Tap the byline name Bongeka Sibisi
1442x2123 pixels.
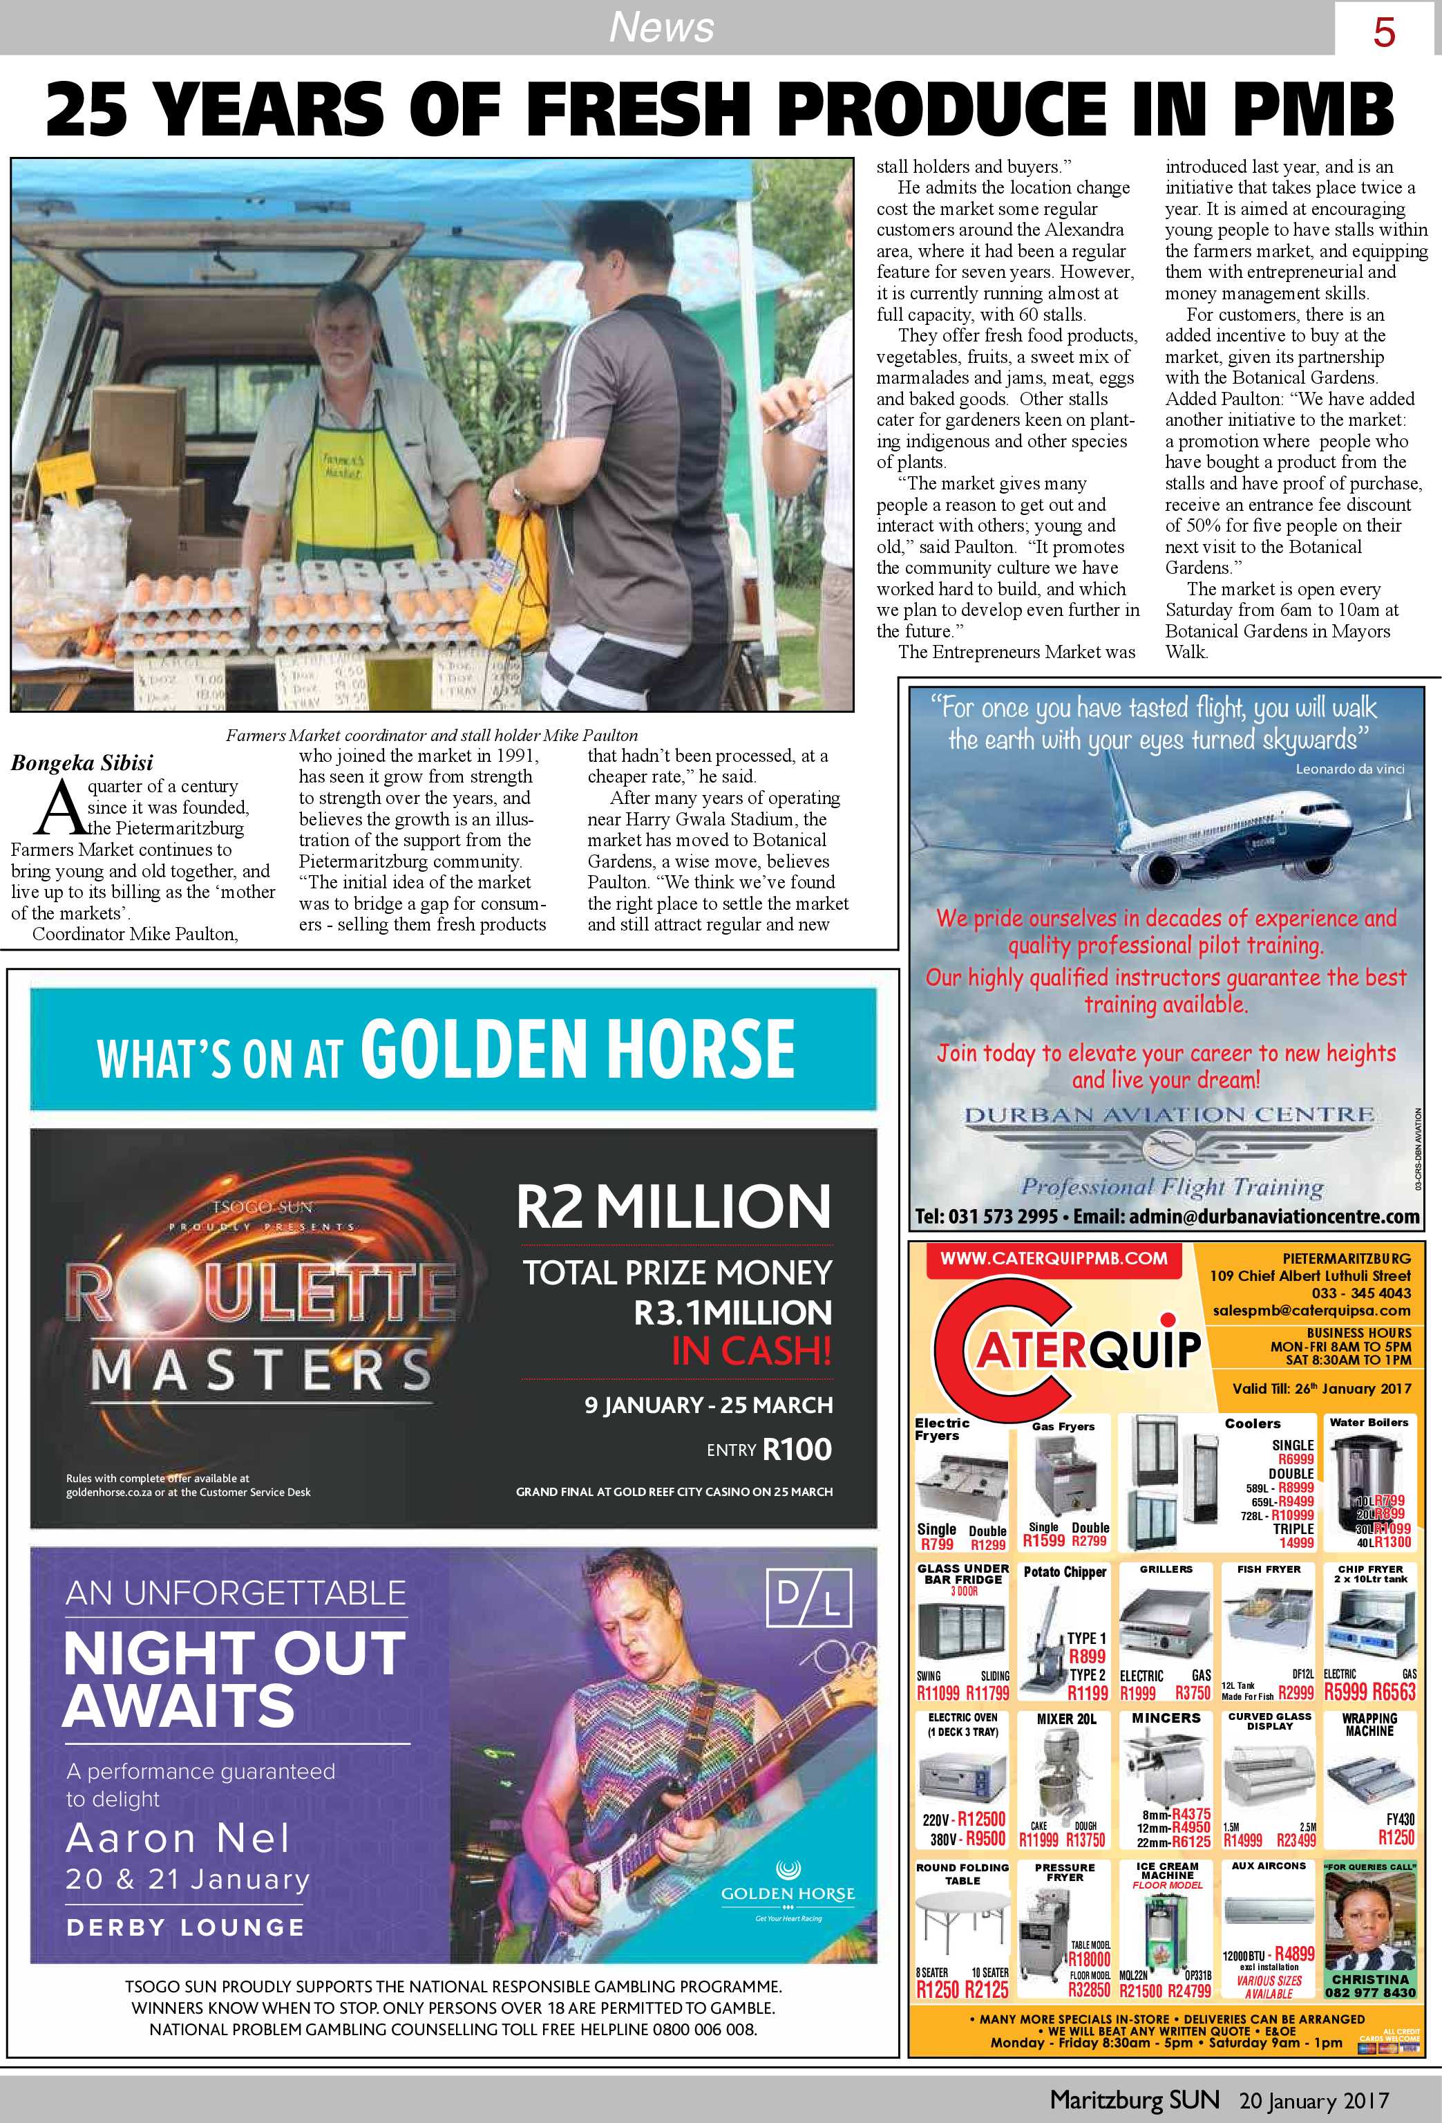[x=82, y=763]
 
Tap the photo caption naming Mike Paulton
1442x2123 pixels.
[x=431, y=734]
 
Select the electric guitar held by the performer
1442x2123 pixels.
[x=630, y=1845]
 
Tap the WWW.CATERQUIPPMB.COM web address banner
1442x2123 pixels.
[x=1053, y=1258]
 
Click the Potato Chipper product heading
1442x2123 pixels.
[x=1064, y=1571]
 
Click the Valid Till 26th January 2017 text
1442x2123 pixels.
[x=1320, y=1387]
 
